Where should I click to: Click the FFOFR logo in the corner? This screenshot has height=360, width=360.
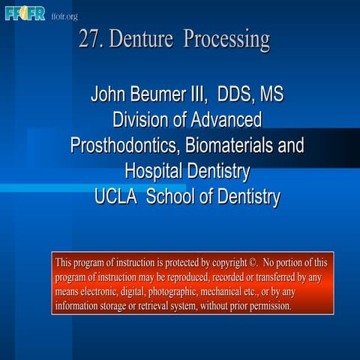(x=25, y=13)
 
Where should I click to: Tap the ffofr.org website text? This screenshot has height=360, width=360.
(x=64, y=16)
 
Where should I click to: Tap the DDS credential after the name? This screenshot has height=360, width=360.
(x=235, y=95)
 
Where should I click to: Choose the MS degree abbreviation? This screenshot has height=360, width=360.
(x=272, y=95)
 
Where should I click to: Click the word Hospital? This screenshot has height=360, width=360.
(x=157, y=172)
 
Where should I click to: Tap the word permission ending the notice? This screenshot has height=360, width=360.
(x=264, y=306)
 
